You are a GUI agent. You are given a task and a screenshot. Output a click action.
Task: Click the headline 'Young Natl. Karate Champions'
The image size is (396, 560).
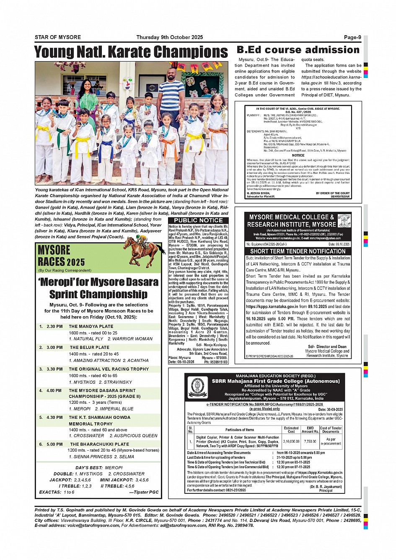coord(131,52)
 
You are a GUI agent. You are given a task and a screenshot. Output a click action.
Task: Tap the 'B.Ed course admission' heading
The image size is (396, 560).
coord(298,50)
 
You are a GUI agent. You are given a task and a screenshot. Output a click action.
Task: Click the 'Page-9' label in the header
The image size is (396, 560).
coord(352,37)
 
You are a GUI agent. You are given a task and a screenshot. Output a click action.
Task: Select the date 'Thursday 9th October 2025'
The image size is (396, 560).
coord(169,37)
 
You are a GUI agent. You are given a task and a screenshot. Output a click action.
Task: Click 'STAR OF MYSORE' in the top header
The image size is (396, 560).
coord(58,37)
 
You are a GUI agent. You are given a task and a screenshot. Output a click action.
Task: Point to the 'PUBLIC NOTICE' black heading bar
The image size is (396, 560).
coord(198,220)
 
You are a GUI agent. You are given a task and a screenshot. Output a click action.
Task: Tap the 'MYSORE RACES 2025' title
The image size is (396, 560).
coord(61,256)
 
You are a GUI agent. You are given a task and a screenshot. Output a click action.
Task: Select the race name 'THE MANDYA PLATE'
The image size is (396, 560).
coord(91,326)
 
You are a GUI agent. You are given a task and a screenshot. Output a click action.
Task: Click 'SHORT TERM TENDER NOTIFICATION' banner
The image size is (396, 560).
coord(298,251)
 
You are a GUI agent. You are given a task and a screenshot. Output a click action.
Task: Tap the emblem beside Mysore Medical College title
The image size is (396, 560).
coord(344,220)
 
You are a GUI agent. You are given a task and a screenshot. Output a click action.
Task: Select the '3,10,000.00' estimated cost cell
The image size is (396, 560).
coord(291,441)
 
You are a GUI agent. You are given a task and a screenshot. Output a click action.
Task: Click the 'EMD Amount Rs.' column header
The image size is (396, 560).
coord(310,430)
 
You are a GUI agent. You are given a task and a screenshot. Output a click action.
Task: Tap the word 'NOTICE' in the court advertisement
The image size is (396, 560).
coord(298,155)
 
